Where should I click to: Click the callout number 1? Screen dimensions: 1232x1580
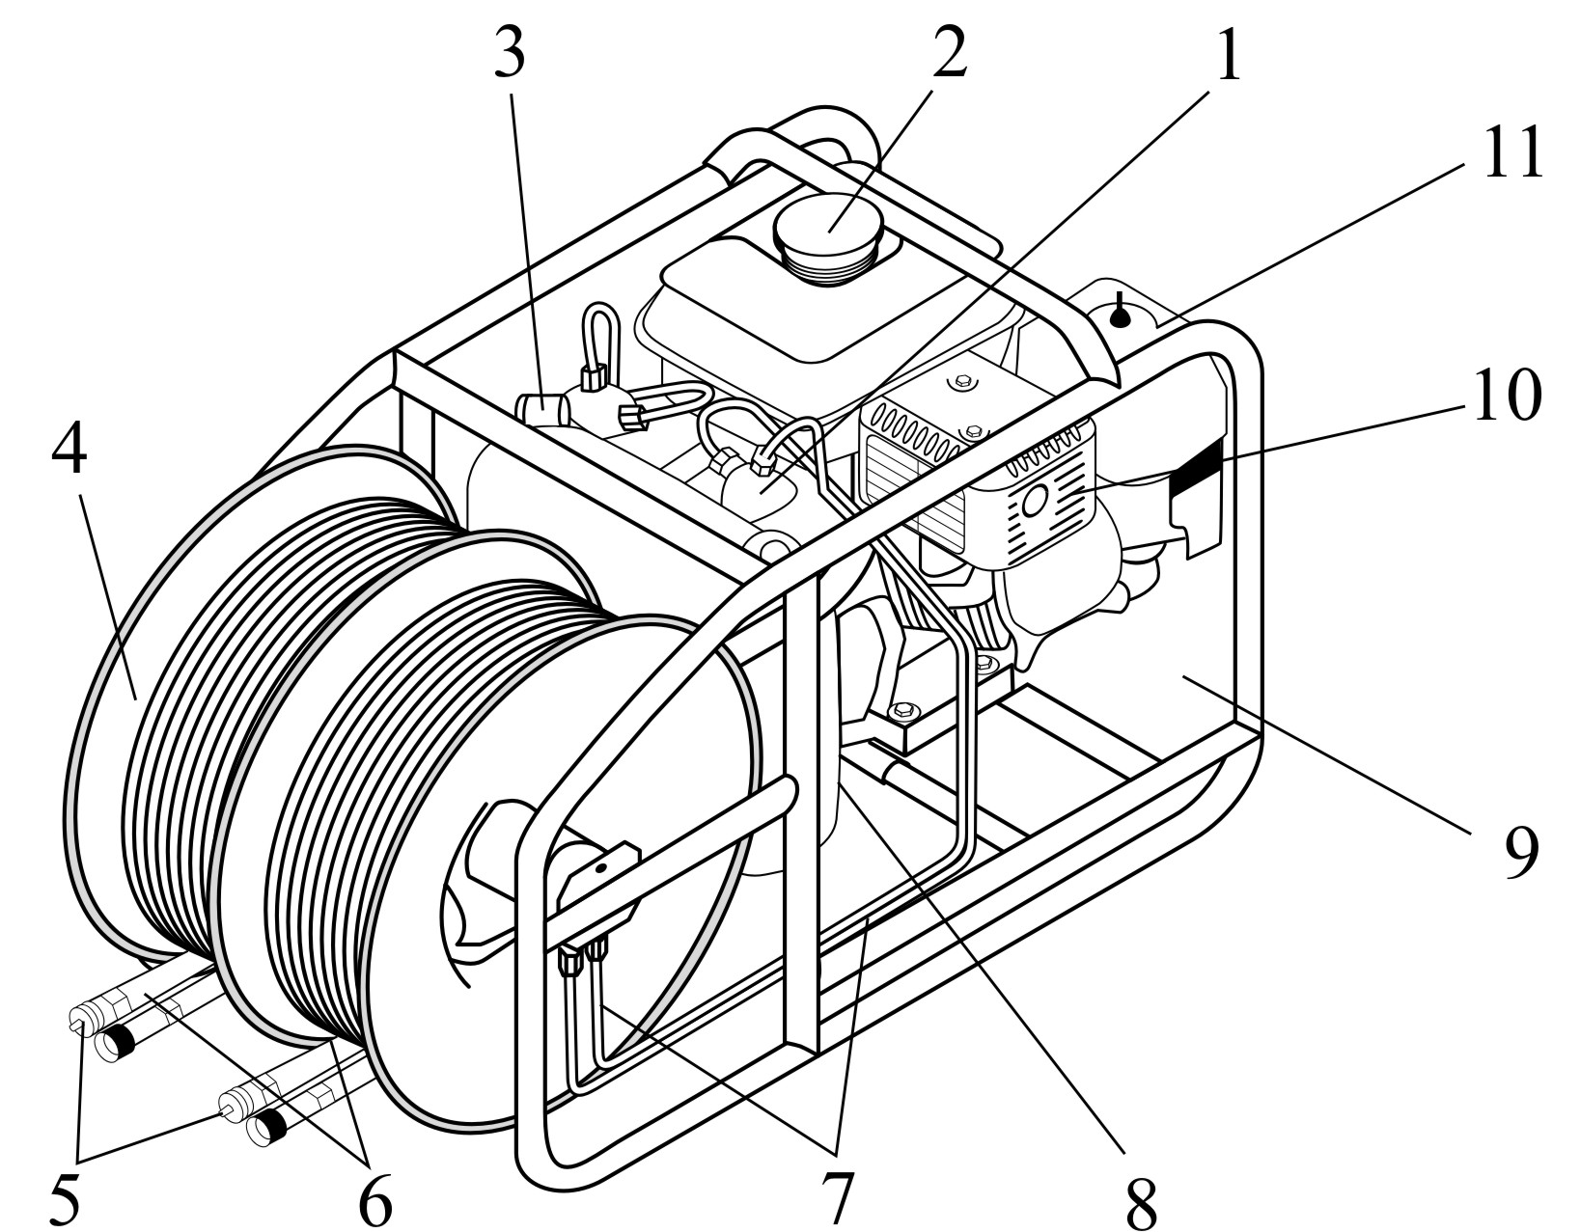pyautogui.click(x=1225, y=58)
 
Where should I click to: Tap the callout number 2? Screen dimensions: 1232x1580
pyautogui.click(x=948, y=56)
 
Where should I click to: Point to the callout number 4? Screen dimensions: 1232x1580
pyautogui.click(x=69, y=452)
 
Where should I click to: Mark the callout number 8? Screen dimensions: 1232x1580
pyautogui.click(x=1139, y=1201)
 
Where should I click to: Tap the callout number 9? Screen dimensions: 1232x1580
pyautogui.click(x=1519, y=853)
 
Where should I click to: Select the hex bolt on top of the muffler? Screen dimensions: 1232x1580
pyautogui.click(x=960, y=384)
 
